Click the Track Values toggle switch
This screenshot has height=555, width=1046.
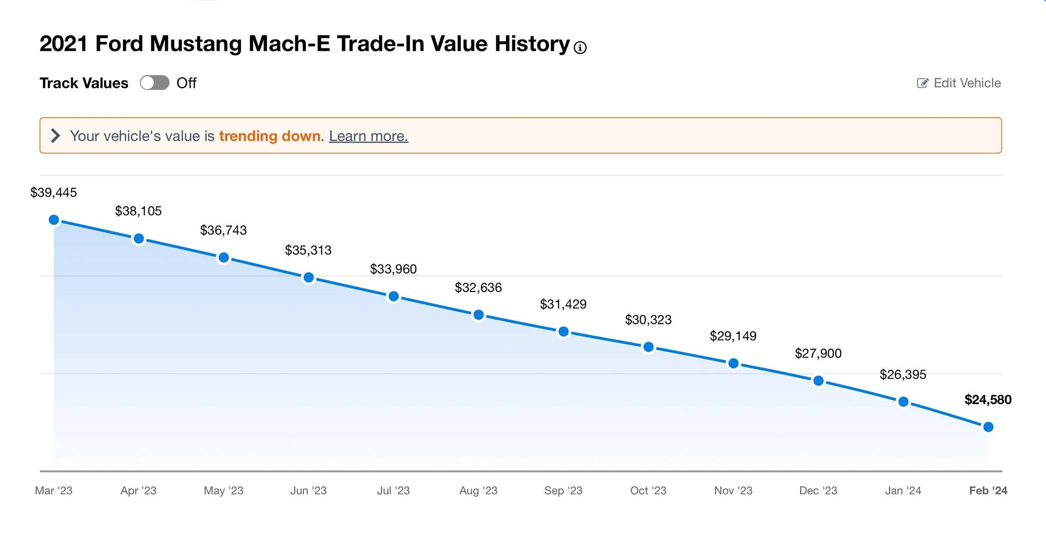[x=154, y=83]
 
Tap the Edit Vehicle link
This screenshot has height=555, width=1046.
[x=959, y=83]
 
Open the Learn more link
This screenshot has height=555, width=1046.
[x=369, y=136]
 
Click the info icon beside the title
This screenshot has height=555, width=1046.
[x=580, y=47]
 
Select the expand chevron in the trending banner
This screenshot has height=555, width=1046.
[x=56, y=136]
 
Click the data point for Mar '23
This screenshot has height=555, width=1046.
[x=54, y=220]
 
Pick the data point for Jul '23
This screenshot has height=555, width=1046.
[x=393, y=296]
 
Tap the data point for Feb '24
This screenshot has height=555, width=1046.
[x=988, y=427]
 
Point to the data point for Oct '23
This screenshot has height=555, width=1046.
[x=649, y=347]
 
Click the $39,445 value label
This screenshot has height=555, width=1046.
[x=54, y=192]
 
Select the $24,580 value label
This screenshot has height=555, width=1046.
[x=988, y=400]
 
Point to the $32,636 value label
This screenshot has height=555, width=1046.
[x=478, y=287]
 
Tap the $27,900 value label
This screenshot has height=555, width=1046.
[x=818, y=353]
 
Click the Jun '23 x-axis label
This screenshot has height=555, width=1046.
[x=308, y=491]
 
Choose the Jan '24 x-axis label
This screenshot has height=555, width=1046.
[x=903, y=491]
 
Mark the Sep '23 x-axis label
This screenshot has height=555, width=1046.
[x=563, y=491]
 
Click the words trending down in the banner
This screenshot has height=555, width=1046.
[x=269, y=136]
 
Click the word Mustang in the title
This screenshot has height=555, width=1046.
[x=196, y=44]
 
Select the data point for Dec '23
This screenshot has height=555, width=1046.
[x=818, y=381]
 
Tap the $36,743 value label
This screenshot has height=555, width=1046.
[x=224, y=230]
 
